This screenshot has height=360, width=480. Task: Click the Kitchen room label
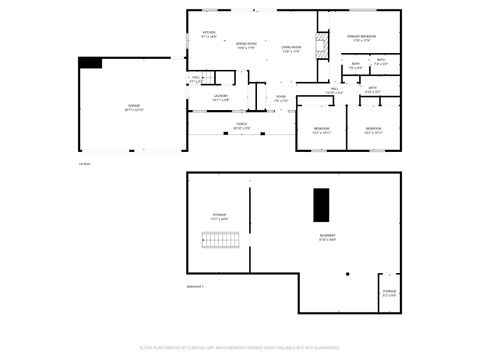click(209, 34)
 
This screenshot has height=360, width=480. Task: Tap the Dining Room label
click(246, 45)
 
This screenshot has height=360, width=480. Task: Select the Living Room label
click(291, 49)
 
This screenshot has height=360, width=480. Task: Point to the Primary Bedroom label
click(361, 38)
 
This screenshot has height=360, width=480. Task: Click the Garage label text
click(134, 107)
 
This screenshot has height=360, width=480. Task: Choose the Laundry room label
click(221, 98)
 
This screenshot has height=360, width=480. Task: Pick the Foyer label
click(282, 99)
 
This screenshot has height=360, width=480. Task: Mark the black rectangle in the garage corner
click(91, 63)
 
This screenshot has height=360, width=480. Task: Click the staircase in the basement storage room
click(220, 241)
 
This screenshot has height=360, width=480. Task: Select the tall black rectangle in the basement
click(321, 205)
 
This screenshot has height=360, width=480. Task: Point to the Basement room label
click(327, 239)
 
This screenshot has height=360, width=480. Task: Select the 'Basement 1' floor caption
click(195, 286)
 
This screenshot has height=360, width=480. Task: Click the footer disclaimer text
click(240, 350)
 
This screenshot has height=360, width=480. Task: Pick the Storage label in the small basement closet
click(389, 293)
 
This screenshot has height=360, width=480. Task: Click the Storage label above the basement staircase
click(218, 216)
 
